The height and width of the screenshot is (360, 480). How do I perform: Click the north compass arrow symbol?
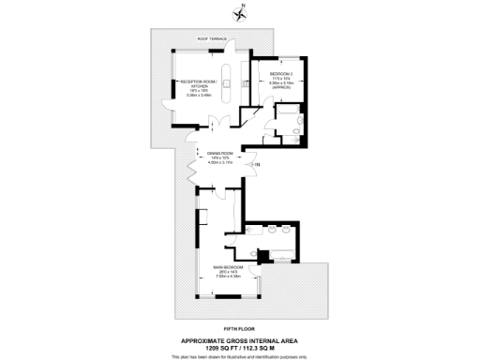241,13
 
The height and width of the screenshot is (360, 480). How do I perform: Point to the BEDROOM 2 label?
282,72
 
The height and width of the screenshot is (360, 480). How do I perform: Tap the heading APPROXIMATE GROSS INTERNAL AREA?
239,340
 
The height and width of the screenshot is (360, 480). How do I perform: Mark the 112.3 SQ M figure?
265,348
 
